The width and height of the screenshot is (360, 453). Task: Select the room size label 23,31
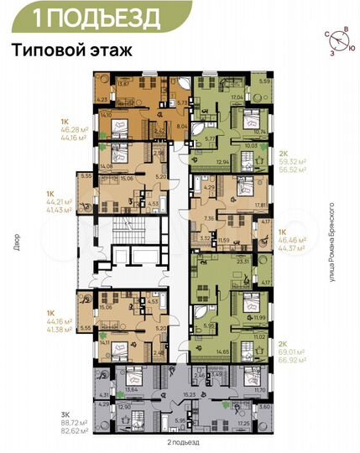click(244, 262)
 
